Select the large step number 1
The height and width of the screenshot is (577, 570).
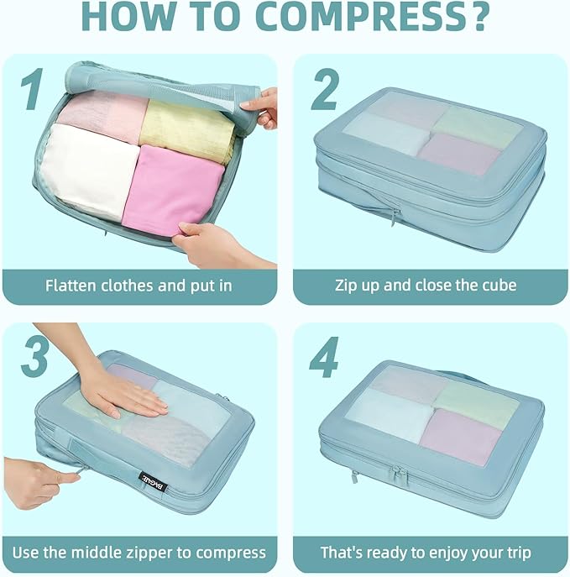coord(33,89)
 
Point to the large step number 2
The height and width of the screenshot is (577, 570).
coord(324,89)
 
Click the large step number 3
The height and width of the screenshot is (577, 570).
coord(34,356)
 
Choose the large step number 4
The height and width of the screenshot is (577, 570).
coord(323,356)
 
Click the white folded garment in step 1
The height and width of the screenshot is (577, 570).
coord(88,171)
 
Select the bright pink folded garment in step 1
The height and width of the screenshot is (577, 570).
coord(172,191)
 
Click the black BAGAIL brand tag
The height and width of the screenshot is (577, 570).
coord(154,482)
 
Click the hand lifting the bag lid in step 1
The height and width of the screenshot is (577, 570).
coord(263,108)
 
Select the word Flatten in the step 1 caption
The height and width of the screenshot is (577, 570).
coord(71,286)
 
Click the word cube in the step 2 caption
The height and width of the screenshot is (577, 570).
coord(499,286)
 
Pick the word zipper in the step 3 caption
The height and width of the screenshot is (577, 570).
coord(149,553)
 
